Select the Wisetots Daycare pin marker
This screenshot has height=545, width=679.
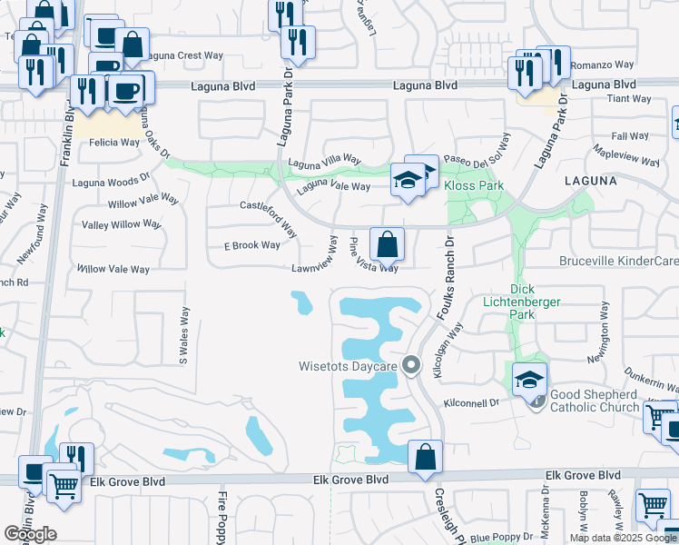pyautogui.click(x=411, y=365)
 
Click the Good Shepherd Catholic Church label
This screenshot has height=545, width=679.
pyautogui.click(x=593, y=401)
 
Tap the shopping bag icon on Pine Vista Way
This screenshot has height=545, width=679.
pyautogui.click(x=387, y=244)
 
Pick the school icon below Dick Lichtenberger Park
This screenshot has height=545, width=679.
pyautogui.click(x=529, y=380)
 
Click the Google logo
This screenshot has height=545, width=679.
pyautogui.click(x=30, y=533)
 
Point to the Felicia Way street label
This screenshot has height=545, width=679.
pyautogui.click(x=113, y=143)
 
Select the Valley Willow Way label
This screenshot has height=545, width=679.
pyautogui.click(x=122, y=224)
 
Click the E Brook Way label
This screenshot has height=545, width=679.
pyautogui.click(x=251, y=245)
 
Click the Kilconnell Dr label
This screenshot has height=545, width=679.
pyautogui.click(x=472, y=402)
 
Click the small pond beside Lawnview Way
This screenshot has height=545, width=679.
pyautogui.click(x=301, y=302)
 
